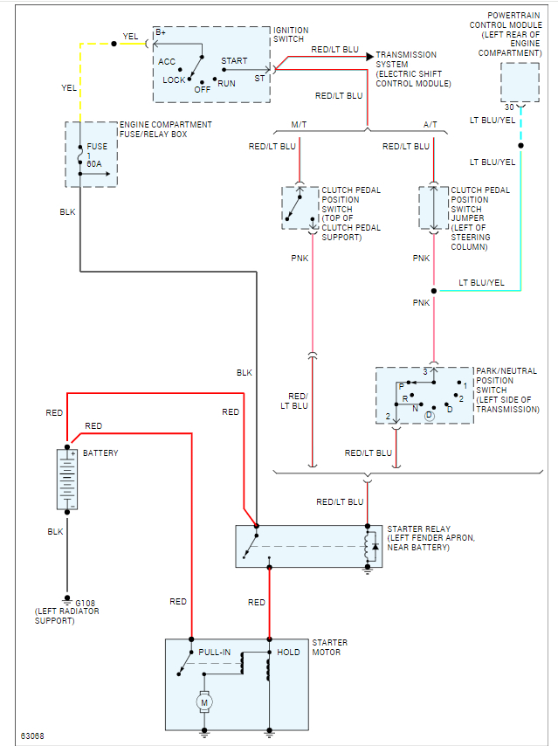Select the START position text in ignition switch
(234, 61)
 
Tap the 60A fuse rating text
(94, 163)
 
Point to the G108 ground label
(86, 603)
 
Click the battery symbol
(67, 480)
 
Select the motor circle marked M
(204, 701)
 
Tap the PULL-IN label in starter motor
(215, 653)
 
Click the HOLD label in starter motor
(288, 653)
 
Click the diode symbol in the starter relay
(375, 547)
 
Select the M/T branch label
(298, 125)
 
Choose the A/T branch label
(431, 125)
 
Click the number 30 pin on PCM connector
(509, 107)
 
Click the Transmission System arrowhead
(370, 55)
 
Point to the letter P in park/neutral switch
(401, 385)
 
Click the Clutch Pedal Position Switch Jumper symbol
(433, 208)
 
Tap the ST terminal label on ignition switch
(259, 78)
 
